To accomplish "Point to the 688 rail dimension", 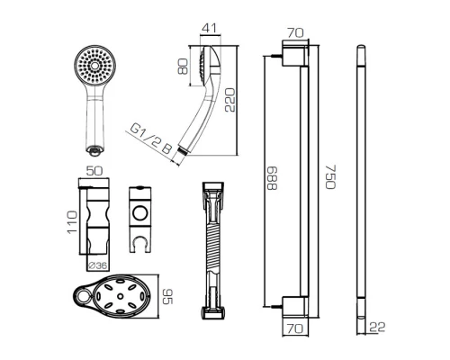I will [274, 184].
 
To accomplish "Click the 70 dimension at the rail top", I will [294, 33].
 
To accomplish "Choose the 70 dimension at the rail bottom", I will [294, 330].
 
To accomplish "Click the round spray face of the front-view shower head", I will [94, 67].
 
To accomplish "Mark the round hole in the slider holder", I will [141, 213].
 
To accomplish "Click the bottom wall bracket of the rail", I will [294, 305].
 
